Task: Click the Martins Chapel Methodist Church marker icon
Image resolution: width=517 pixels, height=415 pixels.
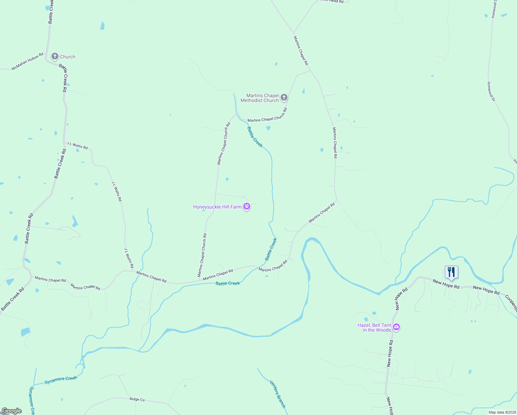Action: pos(284,98)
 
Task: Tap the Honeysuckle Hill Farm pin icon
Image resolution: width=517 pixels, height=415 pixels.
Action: pos(246,207)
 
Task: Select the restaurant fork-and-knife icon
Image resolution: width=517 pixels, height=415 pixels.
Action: pos(451,272)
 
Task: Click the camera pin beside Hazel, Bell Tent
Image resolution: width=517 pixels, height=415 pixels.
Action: pos(396,327)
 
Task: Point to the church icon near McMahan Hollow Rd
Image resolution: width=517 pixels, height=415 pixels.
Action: pos(55,56)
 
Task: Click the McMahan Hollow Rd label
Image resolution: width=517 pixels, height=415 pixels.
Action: pos(28,61)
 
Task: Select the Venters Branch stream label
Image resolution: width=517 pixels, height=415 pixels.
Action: pos(278,394)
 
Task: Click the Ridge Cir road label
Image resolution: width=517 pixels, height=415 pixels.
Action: pos(137,399)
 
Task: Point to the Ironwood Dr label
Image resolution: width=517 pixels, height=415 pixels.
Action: pos(491,91)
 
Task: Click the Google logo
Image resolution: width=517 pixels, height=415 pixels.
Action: pos(12,411)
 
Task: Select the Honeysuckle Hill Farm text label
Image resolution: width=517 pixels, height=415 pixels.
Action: pos(217,207)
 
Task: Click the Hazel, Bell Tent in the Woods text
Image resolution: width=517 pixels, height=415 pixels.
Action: pos(374,328)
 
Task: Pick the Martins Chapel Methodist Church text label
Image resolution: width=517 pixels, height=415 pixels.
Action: pos(260,98)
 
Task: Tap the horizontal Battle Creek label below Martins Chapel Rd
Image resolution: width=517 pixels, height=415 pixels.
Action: pos(228,283)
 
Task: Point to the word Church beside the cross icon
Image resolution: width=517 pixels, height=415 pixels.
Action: pos(68,57)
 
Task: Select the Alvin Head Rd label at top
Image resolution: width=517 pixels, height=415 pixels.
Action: pos(332,1)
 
